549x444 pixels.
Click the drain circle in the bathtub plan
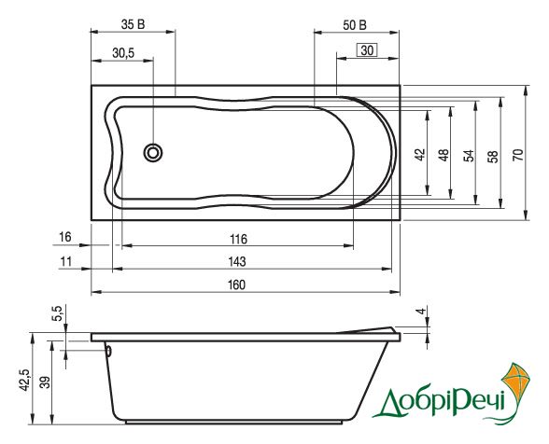click(x=153, y=153)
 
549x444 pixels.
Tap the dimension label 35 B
click(x=133, y=24)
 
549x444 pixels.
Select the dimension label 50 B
click(x=355, y=25)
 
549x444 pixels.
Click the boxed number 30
click(x=367, y=50)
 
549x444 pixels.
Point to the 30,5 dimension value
click(x=123, y=53)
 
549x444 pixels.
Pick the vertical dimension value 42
click(x=420, y=155)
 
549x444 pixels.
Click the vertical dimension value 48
click(x=443, y=155)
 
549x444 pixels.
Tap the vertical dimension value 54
click(x=469, y=156)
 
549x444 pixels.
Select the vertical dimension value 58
click(x=493, y=156)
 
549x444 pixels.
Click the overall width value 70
click(x=518, y=155)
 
